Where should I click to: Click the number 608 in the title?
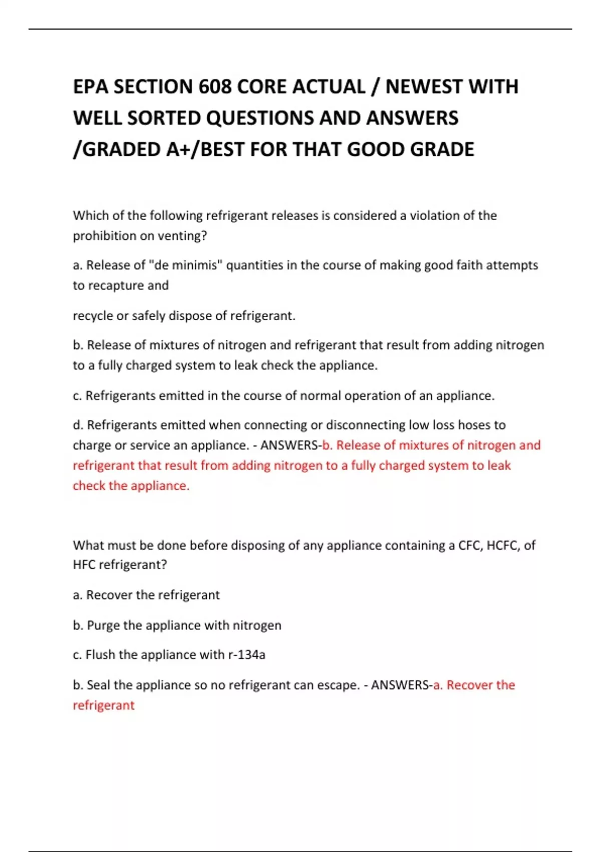(x=215, y=87)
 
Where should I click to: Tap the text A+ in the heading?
(x=180, y=149)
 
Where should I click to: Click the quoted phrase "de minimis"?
(x=185, y=265)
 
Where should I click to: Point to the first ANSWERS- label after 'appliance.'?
(x=291, y=445)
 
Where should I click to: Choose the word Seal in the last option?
(x=98, y=685)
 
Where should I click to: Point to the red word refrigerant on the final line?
(x=104, y=705)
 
